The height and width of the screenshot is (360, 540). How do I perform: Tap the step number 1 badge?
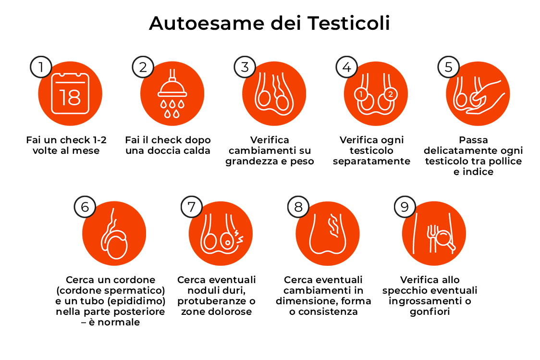[41, 67]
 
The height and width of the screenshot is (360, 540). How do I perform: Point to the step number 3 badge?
[245, 67]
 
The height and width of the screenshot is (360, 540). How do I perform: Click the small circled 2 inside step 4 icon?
[390, 94]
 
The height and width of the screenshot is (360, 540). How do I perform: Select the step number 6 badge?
[85, 207]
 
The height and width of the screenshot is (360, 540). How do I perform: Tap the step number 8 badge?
[298, 207]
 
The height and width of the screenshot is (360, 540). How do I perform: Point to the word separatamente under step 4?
[371, 161]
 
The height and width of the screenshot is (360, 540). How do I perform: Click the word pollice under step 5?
[504, 161]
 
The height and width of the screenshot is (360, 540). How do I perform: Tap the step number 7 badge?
[192, 207]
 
